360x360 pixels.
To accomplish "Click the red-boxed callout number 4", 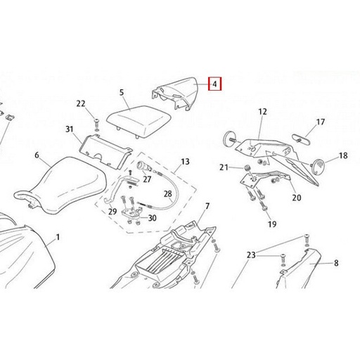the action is (214, 84).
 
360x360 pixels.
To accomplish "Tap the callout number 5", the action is (122, 93).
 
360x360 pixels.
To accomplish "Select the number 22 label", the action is (81, 103).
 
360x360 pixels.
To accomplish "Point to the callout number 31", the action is (70, 129).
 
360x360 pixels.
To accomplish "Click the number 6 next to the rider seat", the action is (37, 155).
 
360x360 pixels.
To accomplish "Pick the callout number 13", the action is (185, 162).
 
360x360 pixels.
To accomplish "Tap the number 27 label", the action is (147, 179).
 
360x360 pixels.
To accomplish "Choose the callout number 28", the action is (168, 194).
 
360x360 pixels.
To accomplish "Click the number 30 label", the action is (153, 218).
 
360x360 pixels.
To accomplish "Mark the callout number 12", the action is (262, 112).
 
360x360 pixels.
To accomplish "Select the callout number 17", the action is (321, 122).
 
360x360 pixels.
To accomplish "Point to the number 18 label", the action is (343, 155).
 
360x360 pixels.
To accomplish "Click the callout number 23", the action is (251, 255).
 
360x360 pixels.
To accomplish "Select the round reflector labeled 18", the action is (319, 166).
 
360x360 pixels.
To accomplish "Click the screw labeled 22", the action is (96, 123).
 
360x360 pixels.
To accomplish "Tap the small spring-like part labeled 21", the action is (246, 168).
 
